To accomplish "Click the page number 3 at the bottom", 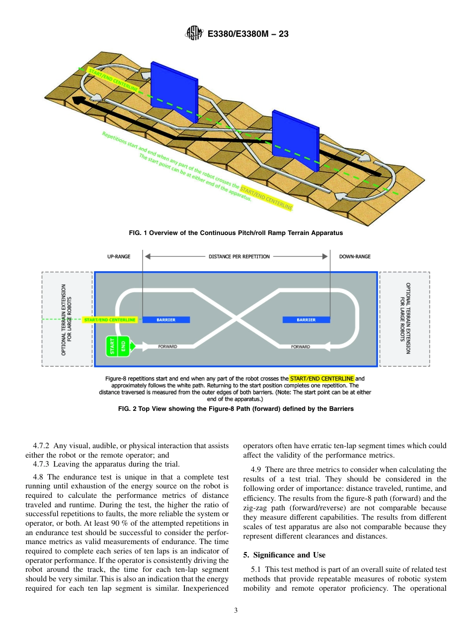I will [x=236, y=611].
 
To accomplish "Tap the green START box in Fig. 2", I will [x=112, y=346].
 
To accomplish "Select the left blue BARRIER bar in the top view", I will [x=166, y=320].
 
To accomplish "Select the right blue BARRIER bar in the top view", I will [x=306, y=320].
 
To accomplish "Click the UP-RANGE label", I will [x=119, y=257].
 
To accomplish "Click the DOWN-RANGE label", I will [x=355, y=257].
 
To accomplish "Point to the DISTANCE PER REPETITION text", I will [x=239, y=257].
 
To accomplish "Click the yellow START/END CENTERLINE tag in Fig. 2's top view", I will [x=110, y=320].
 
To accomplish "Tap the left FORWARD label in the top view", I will [x=167, y=346].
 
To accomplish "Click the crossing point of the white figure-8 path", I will [x=236, y=319].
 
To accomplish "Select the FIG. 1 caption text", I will [x=236, y=233].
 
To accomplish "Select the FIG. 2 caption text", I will [x=236, y=409].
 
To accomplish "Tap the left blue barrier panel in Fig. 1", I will [x=174, y=92].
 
